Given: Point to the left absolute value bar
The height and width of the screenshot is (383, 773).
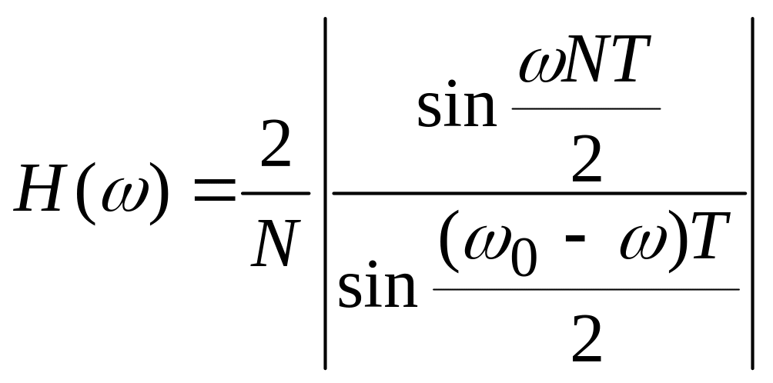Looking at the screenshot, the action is click(326, 191).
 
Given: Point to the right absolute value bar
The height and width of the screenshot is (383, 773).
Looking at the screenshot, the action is click(753, 191).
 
